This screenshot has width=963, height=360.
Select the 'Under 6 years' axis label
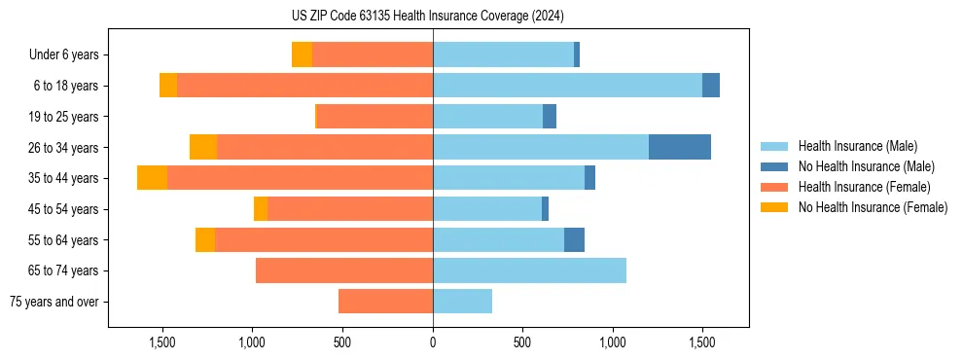point(70,55)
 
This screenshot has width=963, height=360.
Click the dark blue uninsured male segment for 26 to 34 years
point(679,147)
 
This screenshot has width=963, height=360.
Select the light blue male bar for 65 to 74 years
point(529,270)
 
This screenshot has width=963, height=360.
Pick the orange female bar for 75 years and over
point(385,302)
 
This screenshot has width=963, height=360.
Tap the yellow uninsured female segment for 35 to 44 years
point(152,178)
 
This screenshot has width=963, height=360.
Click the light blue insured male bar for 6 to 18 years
point(567,86)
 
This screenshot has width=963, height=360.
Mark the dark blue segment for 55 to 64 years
point(574,239)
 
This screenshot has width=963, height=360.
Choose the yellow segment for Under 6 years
point(302,54)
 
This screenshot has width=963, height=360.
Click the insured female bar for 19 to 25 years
point(374,117)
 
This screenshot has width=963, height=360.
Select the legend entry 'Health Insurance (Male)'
point(857,146)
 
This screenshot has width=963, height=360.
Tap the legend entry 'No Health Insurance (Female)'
point(873,207)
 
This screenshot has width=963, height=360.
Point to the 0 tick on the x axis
point(433,342)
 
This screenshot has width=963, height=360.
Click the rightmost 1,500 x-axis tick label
point(702,342)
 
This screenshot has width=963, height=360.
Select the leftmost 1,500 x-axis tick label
point(161,342)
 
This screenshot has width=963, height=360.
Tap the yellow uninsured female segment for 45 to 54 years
point(261,208)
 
